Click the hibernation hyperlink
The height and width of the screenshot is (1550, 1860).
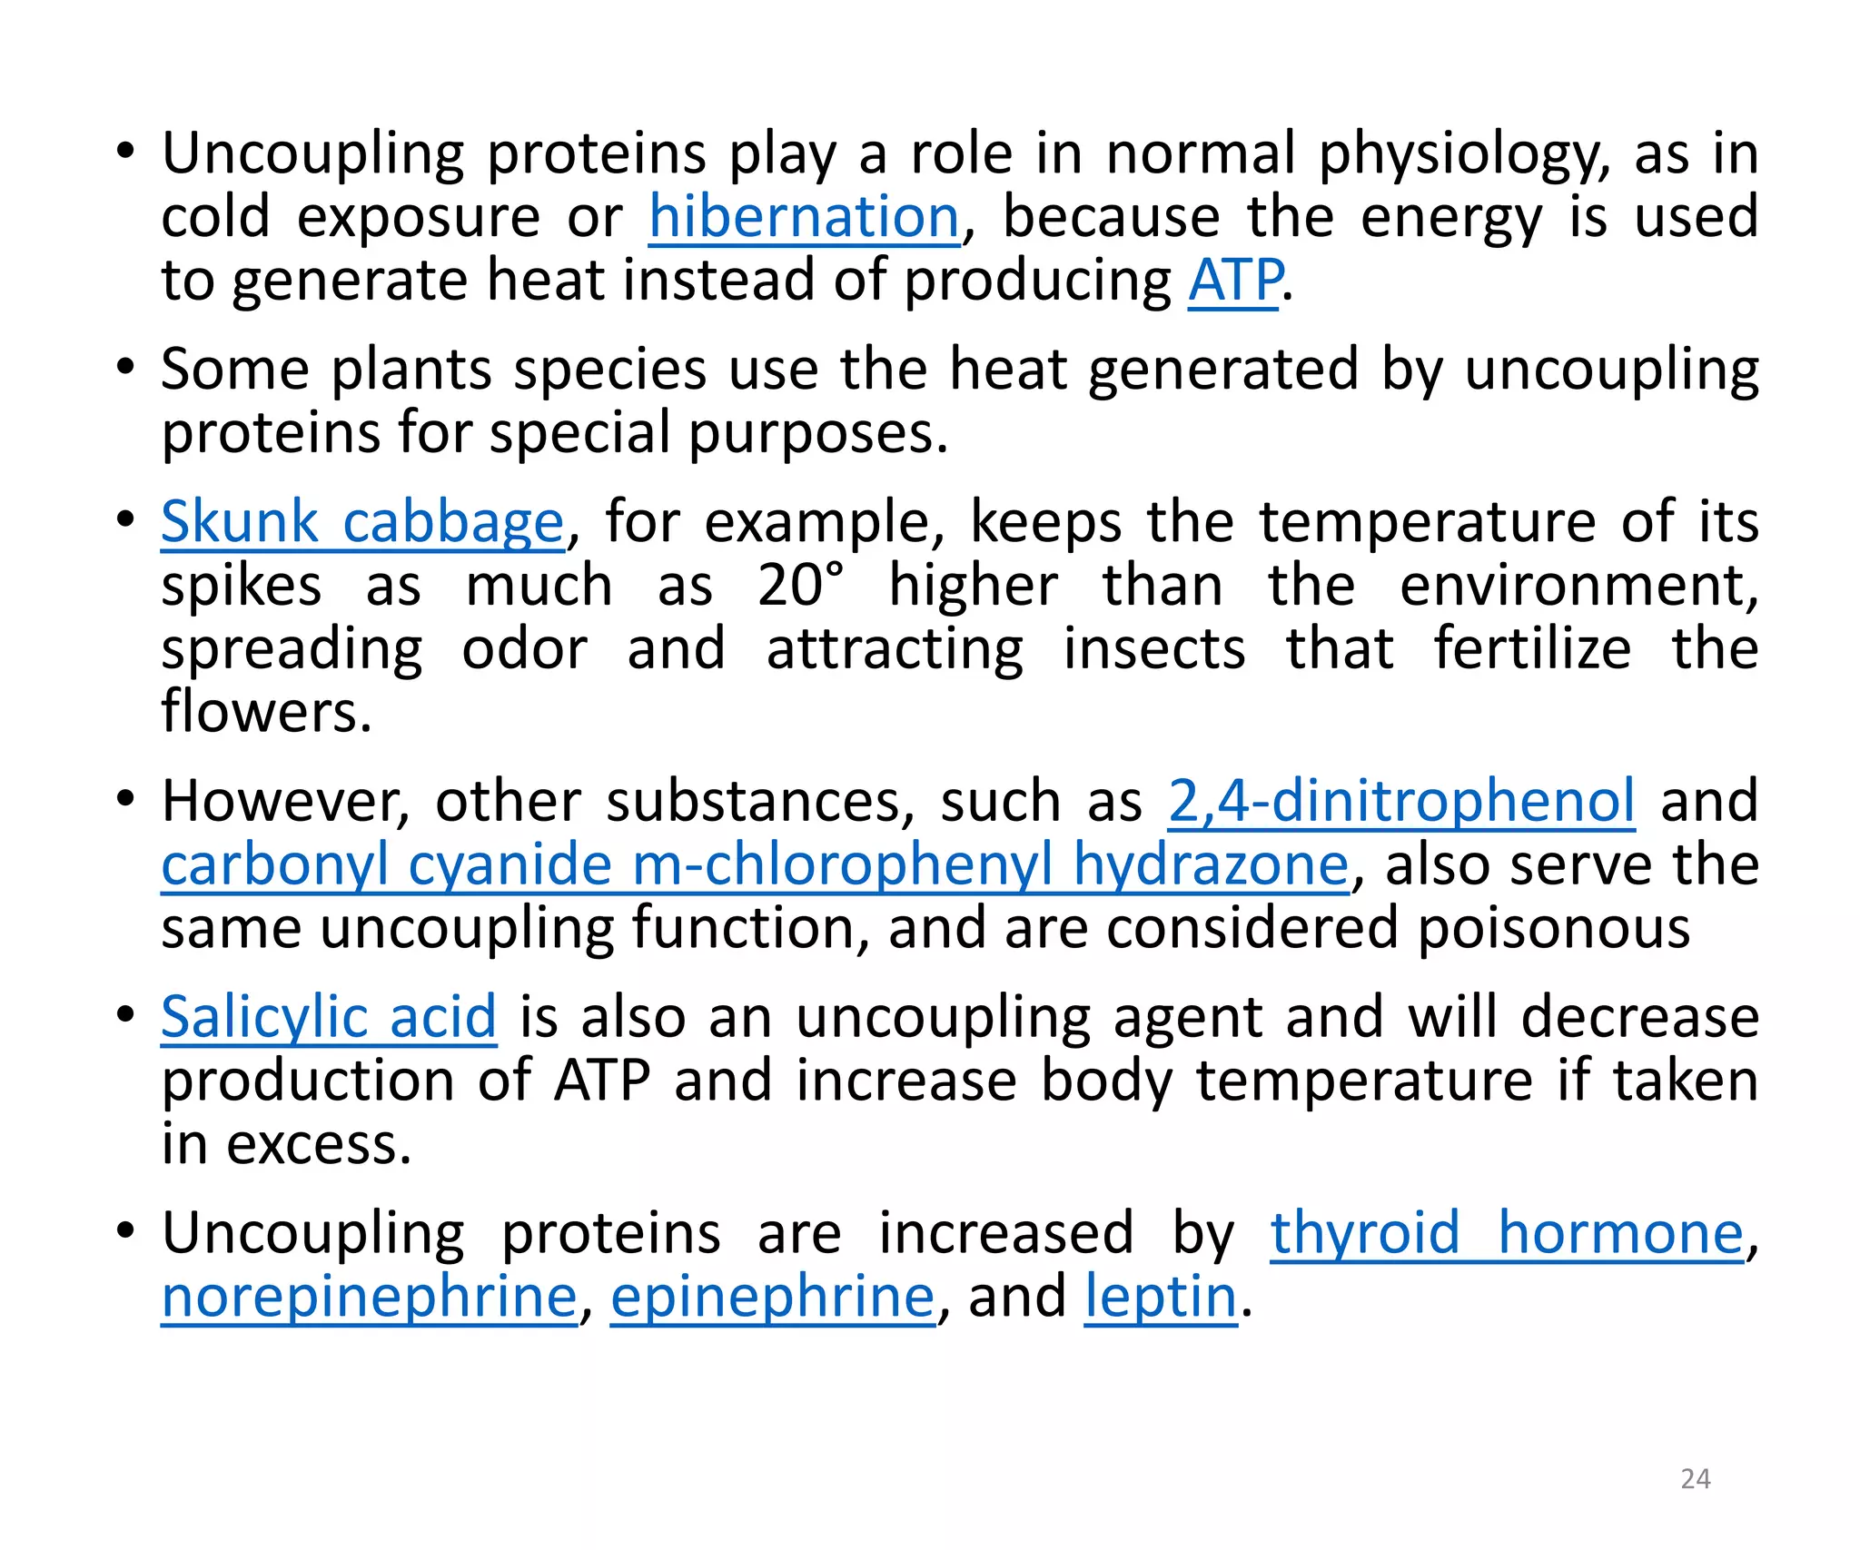(804, 218)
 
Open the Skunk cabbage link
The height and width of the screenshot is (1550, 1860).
(362, 523)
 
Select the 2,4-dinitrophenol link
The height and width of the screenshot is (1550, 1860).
(1401, 802)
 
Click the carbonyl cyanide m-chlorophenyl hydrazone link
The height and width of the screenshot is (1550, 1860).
(755, 864)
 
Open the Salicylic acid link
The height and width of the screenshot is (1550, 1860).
(329, 1017)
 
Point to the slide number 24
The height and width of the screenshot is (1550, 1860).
(1696, 1478)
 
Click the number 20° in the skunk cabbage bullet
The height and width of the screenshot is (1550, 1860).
(800, 586)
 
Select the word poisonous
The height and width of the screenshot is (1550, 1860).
(1554, 929)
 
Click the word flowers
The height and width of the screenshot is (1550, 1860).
(265, 712)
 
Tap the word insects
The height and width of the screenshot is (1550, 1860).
(1154, 649)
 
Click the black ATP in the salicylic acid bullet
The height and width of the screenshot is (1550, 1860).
(602, 1081)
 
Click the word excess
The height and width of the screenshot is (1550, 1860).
(318, 1144)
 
